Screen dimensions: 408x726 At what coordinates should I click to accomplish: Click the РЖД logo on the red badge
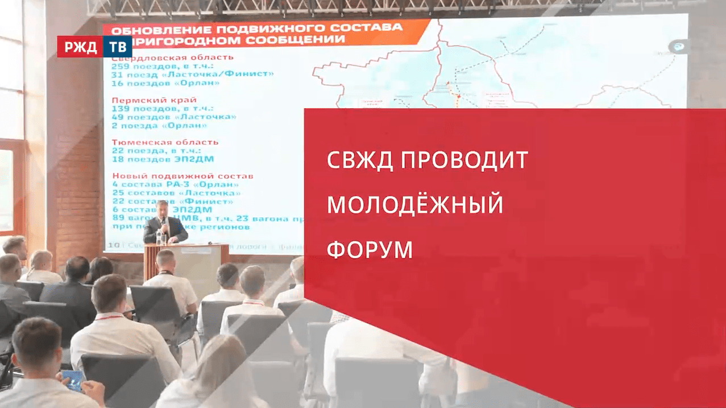point(80,47)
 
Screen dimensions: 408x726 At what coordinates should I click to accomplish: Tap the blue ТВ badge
point(117,47)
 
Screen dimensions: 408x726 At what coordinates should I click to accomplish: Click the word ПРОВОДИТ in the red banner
point(464,161)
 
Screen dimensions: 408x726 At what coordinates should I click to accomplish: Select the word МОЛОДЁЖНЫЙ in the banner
point(415,205)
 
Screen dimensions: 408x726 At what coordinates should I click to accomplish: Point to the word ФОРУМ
point(370,250)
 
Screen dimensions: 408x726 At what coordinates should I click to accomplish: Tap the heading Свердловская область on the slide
point(172,57)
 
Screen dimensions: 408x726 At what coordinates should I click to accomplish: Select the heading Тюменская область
point(165,142)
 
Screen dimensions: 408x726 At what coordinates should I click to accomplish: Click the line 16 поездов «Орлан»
point(165,83)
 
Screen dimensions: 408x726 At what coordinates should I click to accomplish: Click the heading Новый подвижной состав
point(182,176)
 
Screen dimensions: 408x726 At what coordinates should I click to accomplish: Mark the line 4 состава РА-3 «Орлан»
point(175,184)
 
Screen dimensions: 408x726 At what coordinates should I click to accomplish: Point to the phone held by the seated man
point(72,377)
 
